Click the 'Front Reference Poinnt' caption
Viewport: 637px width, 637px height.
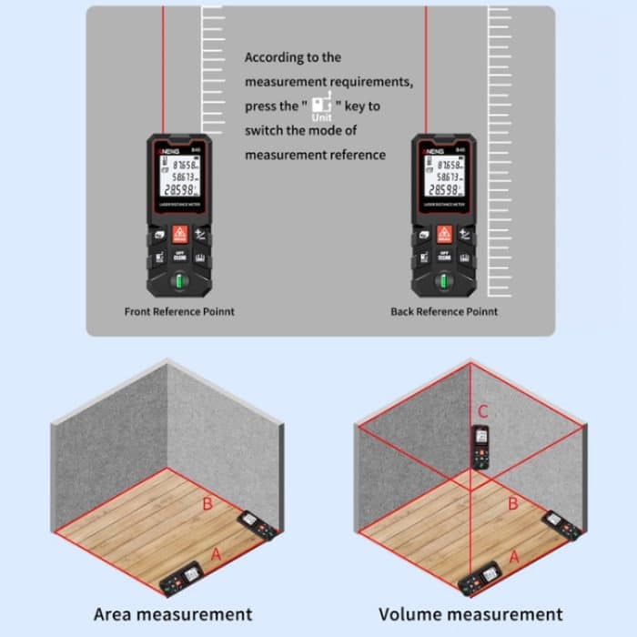(x=179, y=311)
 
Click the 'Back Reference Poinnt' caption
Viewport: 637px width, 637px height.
(x=444, y=311)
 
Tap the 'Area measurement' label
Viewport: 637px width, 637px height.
(x=173, y=614)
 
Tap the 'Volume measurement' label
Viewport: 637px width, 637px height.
(x=470, y=614)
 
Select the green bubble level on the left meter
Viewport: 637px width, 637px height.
(x=180, y=279)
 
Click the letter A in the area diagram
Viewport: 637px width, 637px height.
(x=216, y=553)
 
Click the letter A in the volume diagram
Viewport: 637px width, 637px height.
(x=514, y=555)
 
